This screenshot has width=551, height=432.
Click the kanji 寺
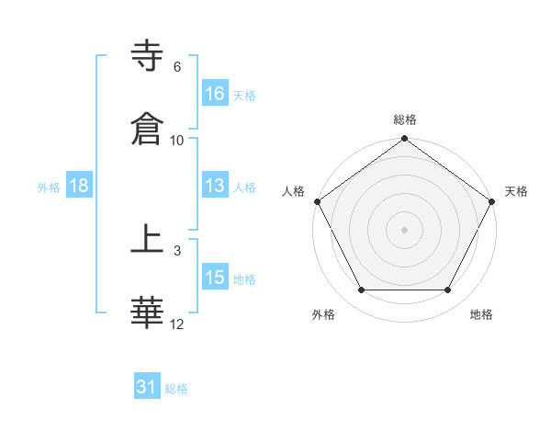pyautogui.click(x=149, y=56)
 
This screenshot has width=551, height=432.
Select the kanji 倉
pyautogui.click(x=149, y=129)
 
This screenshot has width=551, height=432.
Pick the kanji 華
pyautogui.click(x=149, y=313)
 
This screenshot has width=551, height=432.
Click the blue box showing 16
pyautogui.click(x=215, y=93)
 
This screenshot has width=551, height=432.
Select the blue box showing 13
pyautogui.click(x=215, y=186)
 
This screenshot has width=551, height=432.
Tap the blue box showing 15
pyautogui.click(x=215, y=278)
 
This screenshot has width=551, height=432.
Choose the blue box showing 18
pyautogui.click(x=79, y=186)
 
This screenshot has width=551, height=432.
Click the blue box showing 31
pyautogui.click(x=147, y=388)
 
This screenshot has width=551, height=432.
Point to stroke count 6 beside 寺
pyautogui.click(x=177, y=67)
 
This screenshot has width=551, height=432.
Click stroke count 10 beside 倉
pyautogui.click(x=177, y=141)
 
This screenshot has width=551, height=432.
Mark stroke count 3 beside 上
pyautogui.click(x=177, y=250)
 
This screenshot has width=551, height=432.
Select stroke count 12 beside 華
pyautogui.click(x=177, y=324)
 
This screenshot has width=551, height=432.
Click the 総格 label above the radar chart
pyautogui.click(x=405, y=119)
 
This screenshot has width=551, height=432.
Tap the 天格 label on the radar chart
pyautogui.click(x=517, y=191)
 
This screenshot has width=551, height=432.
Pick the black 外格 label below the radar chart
pyautogui.click(x=323, y=314)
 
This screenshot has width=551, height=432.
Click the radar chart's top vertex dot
pyautogui.click(x=405, y=140)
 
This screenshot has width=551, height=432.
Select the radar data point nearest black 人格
pyautogui.click(x=317, y=201)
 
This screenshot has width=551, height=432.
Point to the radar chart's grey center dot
pyautogui.click(x=405, y=229)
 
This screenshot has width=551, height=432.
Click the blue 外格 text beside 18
pyautogui.click(x=49, y=187)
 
